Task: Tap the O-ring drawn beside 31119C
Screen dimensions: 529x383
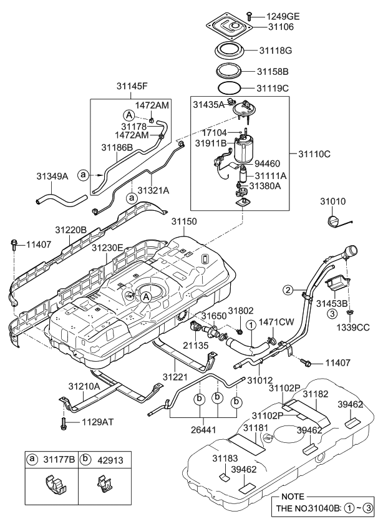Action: [x=236, y=87]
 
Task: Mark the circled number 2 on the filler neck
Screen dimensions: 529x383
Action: [x=288, y=289]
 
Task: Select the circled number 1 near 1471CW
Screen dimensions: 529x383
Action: [x=250, y=324]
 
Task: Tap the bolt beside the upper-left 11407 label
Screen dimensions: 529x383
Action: [x=13, y=244]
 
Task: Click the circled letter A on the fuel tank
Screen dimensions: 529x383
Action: [x=146, y=298]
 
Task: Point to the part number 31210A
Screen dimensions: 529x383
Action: [x=84, y=387]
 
